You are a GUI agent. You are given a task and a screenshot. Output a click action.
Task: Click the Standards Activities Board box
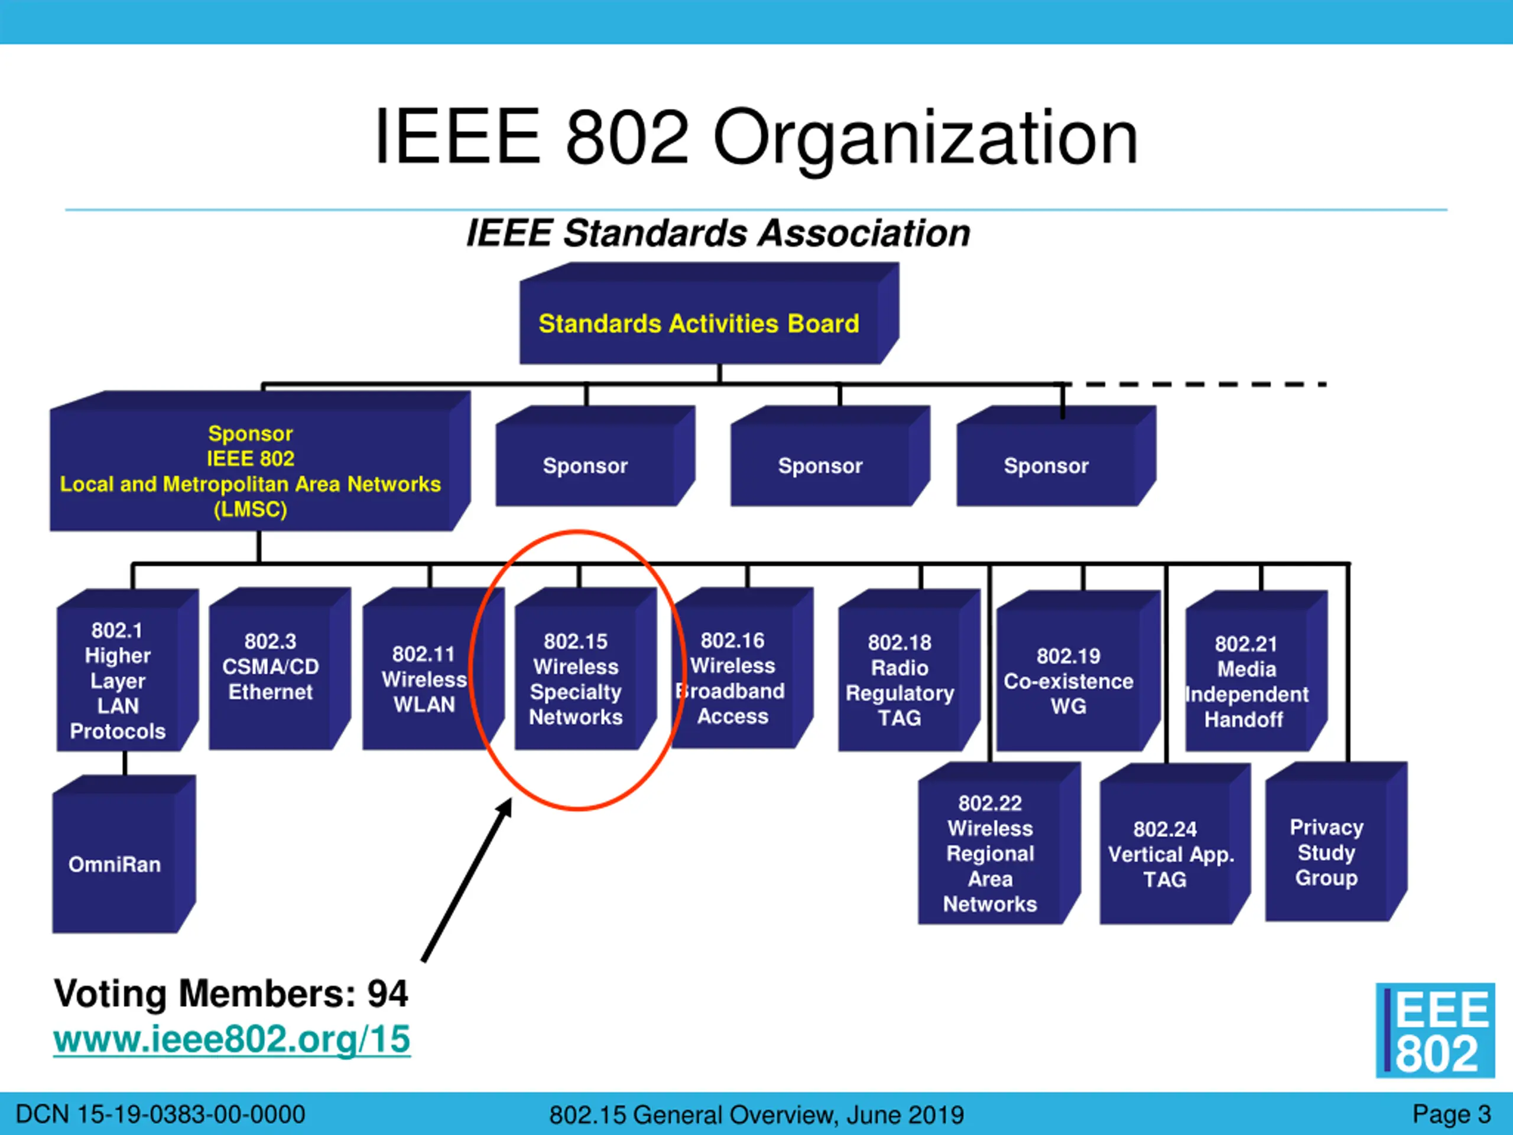[699, 323]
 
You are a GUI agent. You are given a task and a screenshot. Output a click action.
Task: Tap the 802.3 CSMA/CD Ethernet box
[271, 667]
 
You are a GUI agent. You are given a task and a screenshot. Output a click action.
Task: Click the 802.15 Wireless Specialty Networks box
[576, 679]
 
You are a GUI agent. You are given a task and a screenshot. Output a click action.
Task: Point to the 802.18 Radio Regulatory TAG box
[900, 680]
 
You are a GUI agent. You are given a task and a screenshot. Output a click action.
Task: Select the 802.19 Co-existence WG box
[1069, 681]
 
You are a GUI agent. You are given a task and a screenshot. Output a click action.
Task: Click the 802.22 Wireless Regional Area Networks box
[990, 853]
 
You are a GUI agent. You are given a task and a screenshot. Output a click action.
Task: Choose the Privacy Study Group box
[1326, 852]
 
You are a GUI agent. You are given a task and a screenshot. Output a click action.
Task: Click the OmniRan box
[115, 864]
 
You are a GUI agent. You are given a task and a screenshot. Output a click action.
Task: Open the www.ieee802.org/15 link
[232, 1039]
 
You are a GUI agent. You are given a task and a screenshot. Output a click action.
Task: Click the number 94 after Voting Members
[388, 993]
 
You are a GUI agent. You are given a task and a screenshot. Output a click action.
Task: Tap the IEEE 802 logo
[1434, 1030]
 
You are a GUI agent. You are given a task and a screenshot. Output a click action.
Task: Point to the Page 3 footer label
[1452, 1114]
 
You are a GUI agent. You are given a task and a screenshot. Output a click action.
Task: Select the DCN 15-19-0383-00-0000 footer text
[160, 1114]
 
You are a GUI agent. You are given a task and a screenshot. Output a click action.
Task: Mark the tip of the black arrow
[509, 800]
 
